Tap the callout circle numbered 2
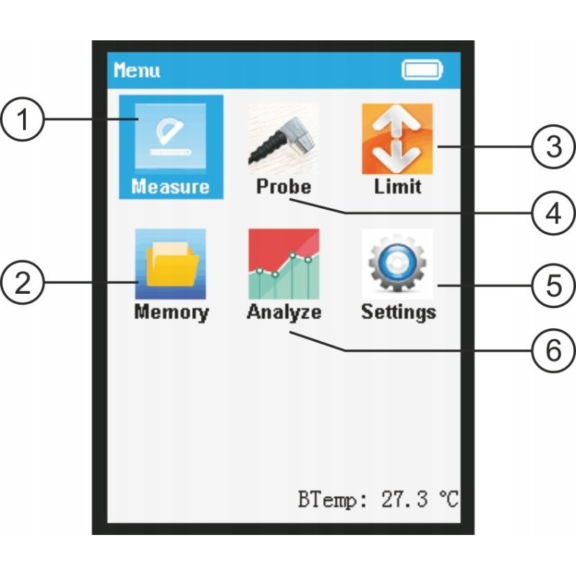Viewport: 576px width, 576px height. point(25,282)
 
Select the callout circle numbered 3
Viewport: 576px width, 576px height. point(552,148)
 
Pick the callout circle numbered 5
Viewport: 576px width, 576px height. point(552,285)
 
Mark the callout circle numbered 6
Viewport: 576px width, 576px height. point(552,351)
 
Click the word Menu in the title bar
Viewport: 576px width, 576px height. point(137,71)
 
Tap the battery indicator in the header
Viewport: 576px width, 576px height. point(423,71)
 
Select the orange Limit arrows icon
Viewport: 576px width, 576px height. point(397,138)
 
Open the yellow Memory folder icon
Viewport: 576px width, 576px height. point(171,264)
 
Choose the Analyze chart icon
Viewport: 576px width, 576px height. point(283,264)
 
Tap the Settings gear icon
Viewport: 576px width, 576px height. point(397,264)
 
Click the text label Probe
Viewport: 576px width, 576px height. point(284,186)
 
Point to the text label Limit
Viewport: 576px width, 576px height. point(397,186)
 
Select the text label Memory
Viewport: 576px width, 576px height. point(171,312)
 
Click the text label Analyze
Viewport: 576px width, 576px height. point(284,312)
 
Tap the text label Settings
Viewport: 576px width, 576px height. point(398,312)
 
